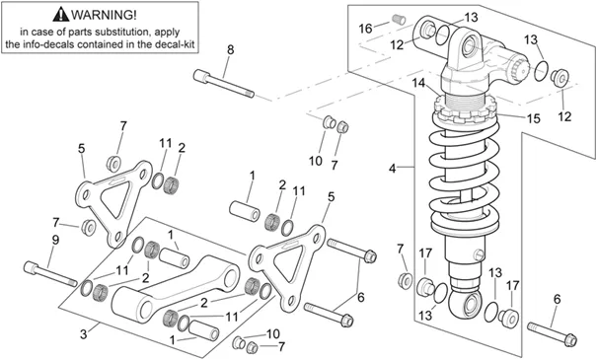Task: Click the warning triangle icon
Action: (61, 15)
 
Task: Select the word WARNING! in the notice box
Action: (104, 15)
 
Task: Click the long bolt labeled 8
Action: (224, 83)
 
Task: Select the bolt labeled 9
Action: (50, 273)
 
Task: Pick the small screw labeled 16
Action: (399, 19)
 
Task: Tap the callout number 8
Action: (230, 50)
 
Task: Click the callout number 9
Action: (55, 240)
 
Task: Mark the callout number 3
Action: (83, 334)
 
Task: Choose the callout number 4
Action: (393, 169)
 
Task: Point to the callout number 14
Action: (418, 83)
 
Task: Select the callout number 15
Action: (534, 118)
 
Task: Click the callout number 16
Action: (365, 29)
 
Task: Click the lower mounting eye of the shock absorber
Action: (466, 304)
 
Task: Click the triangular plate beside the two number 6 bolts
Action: (287, 266)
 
